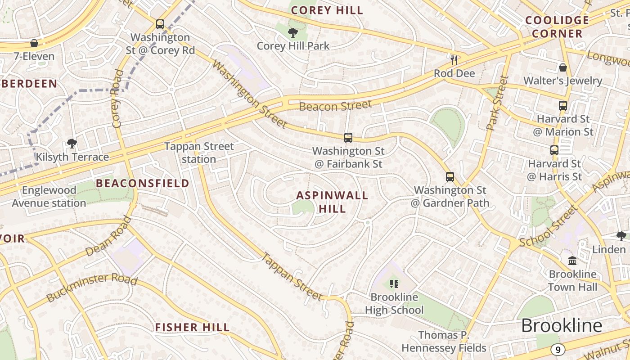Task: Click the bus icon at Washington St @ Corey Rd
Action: [160, 24]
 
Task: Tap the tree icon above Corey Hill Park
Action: [293, 32]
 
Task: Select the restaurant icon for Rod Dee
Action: [454, 60]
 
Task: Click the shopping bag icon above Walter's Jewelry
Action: [562, 67]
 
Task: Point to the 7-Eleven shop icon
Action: [34, 43]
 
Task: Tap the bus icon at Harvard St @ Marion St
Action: [563, 106]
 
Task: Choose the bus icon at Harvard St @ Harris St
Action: [554, 150]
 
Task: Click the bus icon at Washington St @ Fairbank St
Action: [348, 138]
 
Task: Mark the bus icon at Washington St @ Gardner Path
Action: [450, 177]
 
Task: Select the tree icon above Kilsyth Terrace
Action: [72, 144]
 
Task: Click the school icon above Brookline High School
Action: [394, 284]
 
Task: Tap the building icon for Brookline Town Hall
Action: [572, 261]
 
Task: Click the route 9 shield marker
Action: [558, 350]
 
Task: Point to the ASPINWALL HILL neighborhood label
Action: [332, 202]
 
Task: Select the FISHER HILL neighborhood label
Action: [192, 327]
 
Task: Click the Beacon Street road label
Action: [336, 106]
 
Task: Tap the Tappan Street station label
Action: [199, 153]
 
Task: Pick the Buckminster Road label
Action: [92, 287]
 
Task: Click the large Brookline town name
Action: [562, 325]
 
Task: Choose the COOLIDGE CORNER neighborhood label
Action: [557, 27]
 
